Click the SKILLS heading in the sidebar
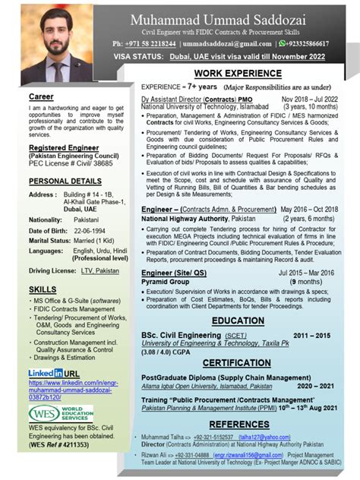[x=42, y=290]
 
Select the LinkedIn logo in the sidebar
[x=46, y=374]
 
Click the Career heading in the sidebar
[x=41, y=98]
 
